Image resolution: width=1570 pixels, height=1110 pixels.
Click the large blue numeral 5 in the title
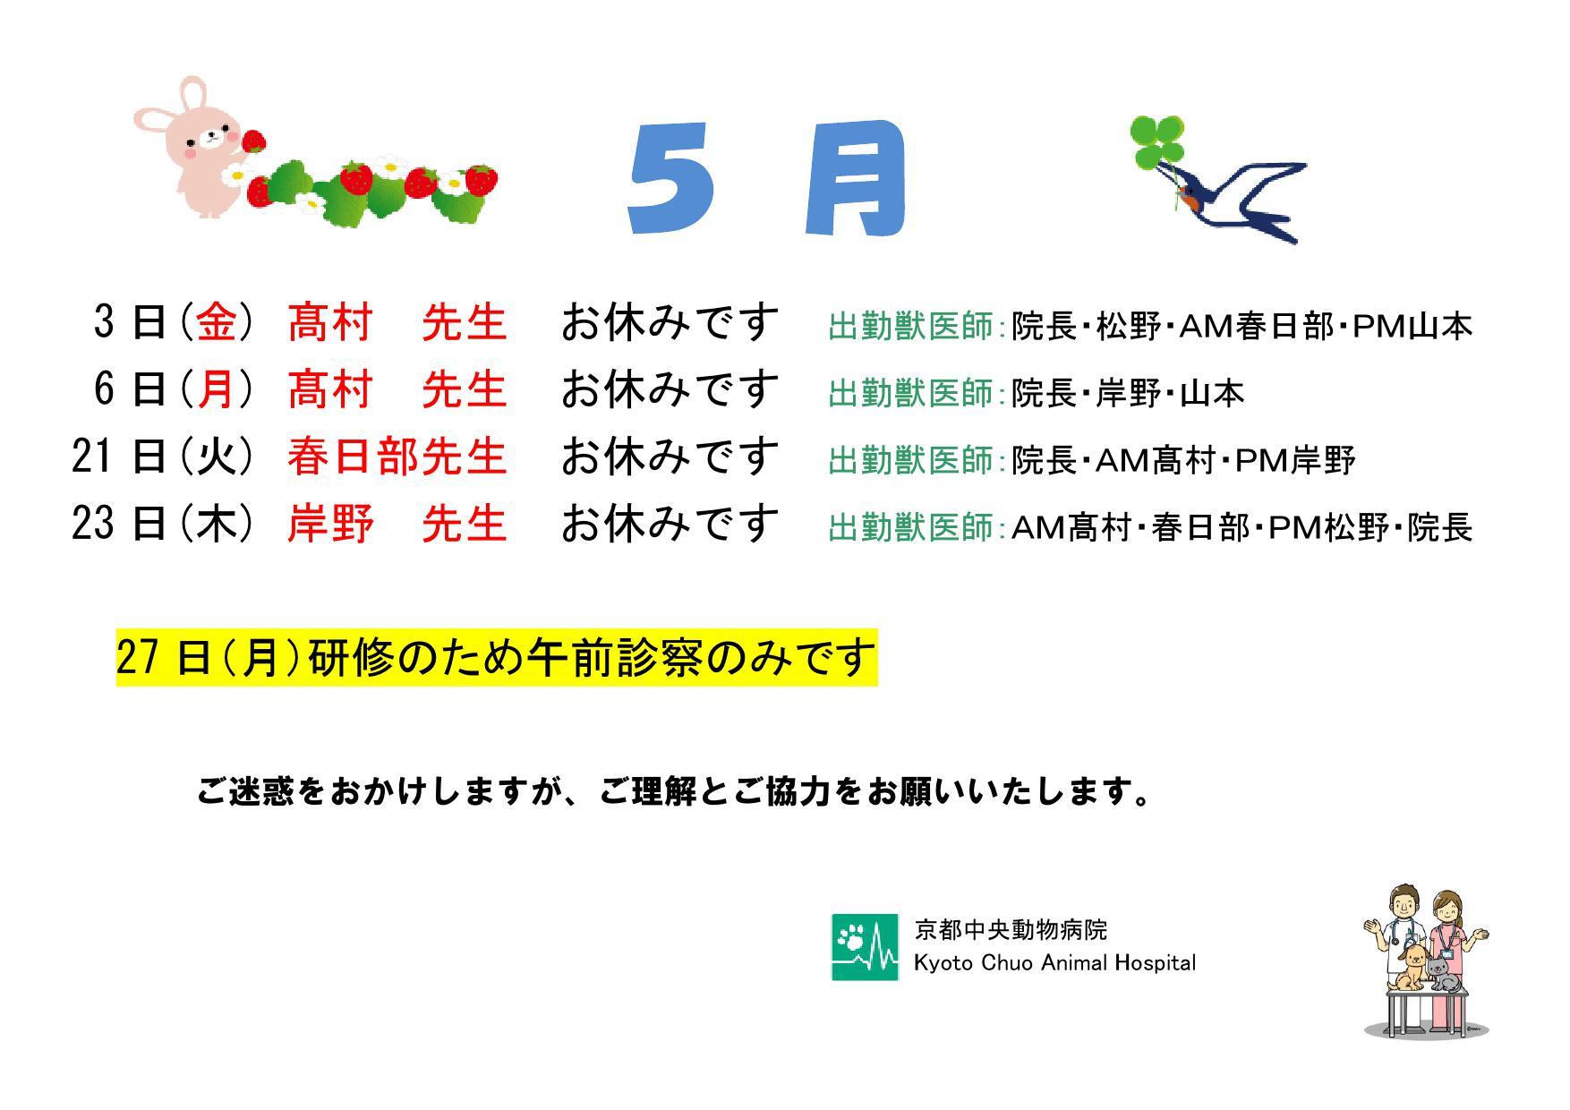click(x=671, y=180)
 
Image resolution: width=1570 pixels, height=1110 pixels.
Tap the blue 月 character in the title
click(x=855, y=178)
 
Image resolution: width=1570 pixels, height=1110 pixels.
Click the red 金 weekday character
click(x=217, y=322)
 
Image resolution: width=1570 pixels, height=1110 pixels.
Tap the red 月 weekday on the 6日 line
click(x=217, y=389)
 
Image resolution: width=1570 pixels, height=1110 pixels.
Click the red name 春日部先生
click(x=397, y=457)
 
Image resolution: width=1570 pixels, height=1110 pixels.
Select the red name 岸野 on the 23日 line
click(x=330, y=524)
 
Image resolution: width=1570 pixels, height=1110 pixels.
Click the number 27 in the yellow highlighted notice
click(x=139, y=658)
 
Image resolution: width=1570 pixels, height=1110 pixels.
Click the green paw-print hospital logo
click(x=865, y=947)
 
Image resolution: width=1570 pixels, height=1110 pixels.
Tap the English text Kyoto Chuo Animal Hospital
click(x=1054, y=963)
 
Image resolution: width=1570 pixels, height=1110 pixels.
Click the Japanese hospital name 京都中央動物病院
click(x=1011, y=930)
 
